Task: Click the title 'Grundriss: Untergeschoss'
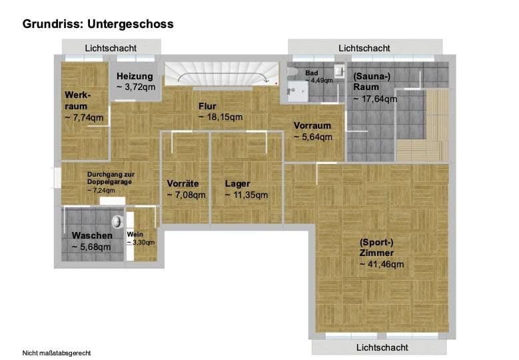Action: pyautogui.click(x=98, y=24)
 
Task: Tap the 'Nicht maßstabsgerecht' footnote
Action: pyautogui.click(x=57, y=353)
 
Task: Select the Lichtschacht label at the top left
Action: pyautogui.click(x=111, y=48)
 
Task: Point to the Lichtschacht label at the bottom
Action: pyautogui.click(x=382, y=347)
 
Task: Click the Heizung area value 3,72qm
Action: pyautogui.click(x=136, y=87)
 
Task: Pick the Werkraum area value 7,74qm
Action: pyautogui.click(x=84, y=117)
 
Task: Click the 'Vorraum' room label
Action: pyautogui.click(x=312, y=125)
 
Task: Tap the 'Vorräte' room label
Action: pyautogui.click(x=183, y=183)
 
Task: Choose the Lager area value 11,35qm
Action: pyautogui.click(x=247, y=195)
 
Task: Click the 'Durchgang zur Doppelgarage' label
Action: pyautogui.click(x=110, y=178)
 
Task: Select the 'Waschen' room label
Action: pyautogui.click(x=92, y=235)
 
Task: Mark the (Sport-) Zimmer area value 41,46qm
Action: pyautogui.click(x=382, y=264)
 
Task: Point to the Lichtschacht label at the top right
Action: pyautogui.click(x=364, y=48)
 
